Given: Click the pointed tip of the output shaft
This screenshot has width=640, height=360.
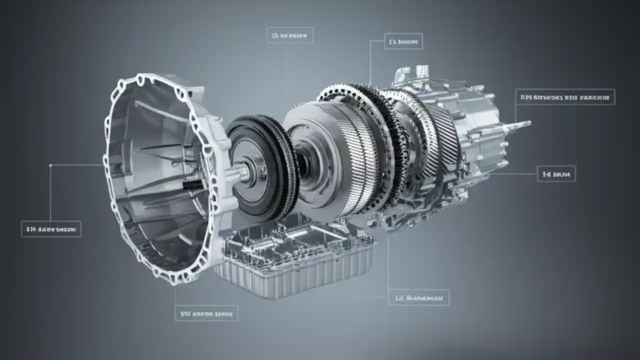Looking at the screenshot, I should click(x=528, y=122).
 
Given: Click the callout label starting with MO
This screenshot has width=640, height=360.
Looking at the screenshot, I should click(x=206, y=313).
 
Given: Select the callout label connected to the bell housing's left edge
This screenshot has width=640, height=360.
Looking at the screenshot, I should click(x=51, y=229).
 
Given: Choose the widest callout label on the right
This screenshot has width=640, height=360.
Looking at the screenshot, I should click(x=565, y=97).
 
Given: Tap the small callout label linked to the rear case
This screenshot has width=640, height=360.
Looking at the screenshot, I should click(x=556, y=173).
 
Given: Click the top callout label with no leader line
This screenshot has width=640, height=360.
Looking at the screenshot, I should click(x=290, y=35).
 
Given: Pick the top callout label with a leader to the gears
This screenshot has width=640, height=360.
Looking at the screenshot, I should click(x=403, y=41).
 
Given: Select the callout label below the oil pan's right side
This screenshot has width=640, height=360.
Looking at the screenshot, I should click(x=419, y=297).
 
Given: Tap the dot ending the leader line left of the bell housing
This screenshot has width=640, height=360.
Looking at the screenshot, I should click(x=51, y=164).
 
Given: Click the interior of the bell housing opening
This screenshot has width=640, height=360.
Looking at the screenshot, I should click(x=155, y=175).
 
